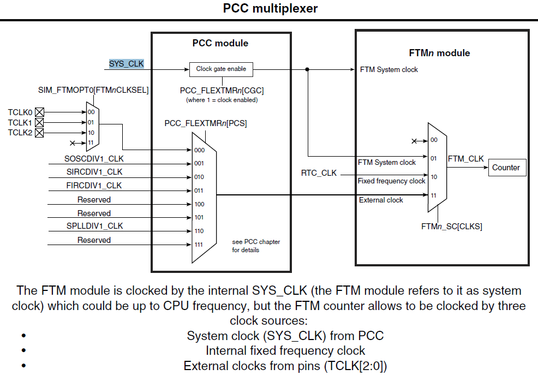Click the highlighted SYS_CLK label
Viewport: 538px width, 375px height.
(x=127, y=64)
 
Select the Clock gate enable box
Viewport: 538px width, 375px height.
(x=221, y=69)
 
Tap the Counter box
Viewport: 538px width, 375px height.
(x=506, y=168)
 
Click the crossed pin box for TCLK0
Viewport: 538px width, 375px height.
(x=39, y=112)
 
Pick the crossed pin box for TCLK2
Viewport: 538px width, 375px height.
(x=39, y=133)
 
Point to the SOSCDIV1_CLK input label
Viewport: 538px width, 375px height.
(x=94, y=159)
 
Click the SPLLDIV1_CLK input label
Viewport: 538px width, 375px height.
(x=94, y=226)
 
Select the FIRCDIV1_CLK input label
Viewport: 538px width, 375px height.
(x=94, y=186)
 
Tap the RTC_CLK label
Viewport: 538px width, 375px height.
(x=319, y=173)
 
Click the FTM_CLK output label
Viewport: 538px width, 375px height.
(x=465, y=159)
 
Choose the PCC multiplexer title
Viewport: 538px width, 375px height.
(x=270, y=9)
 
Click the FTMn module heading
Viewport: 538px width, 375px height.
(x=439, y=53)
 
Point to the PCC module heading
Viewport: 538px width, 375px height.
(x=220, y=43)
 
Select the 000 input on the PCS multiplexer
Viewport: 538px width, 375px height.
(x=199, y=150)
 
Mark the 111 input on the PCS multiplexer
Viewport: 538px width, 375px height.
(x=199, y=245)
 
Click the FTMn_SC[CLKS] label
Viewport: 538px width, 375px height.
(x=452, y=226)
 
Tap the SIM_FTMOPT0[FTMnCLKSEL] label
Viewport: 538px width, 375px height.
(x=93, y=89)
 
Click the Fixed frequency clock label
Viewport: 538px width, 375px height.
(x=391, y=181)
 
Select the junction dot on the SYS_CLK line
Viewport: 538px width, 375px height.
(x=308, y=69)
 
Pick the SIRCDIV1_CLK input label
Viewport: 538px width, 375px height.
(x=94, y=172)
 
